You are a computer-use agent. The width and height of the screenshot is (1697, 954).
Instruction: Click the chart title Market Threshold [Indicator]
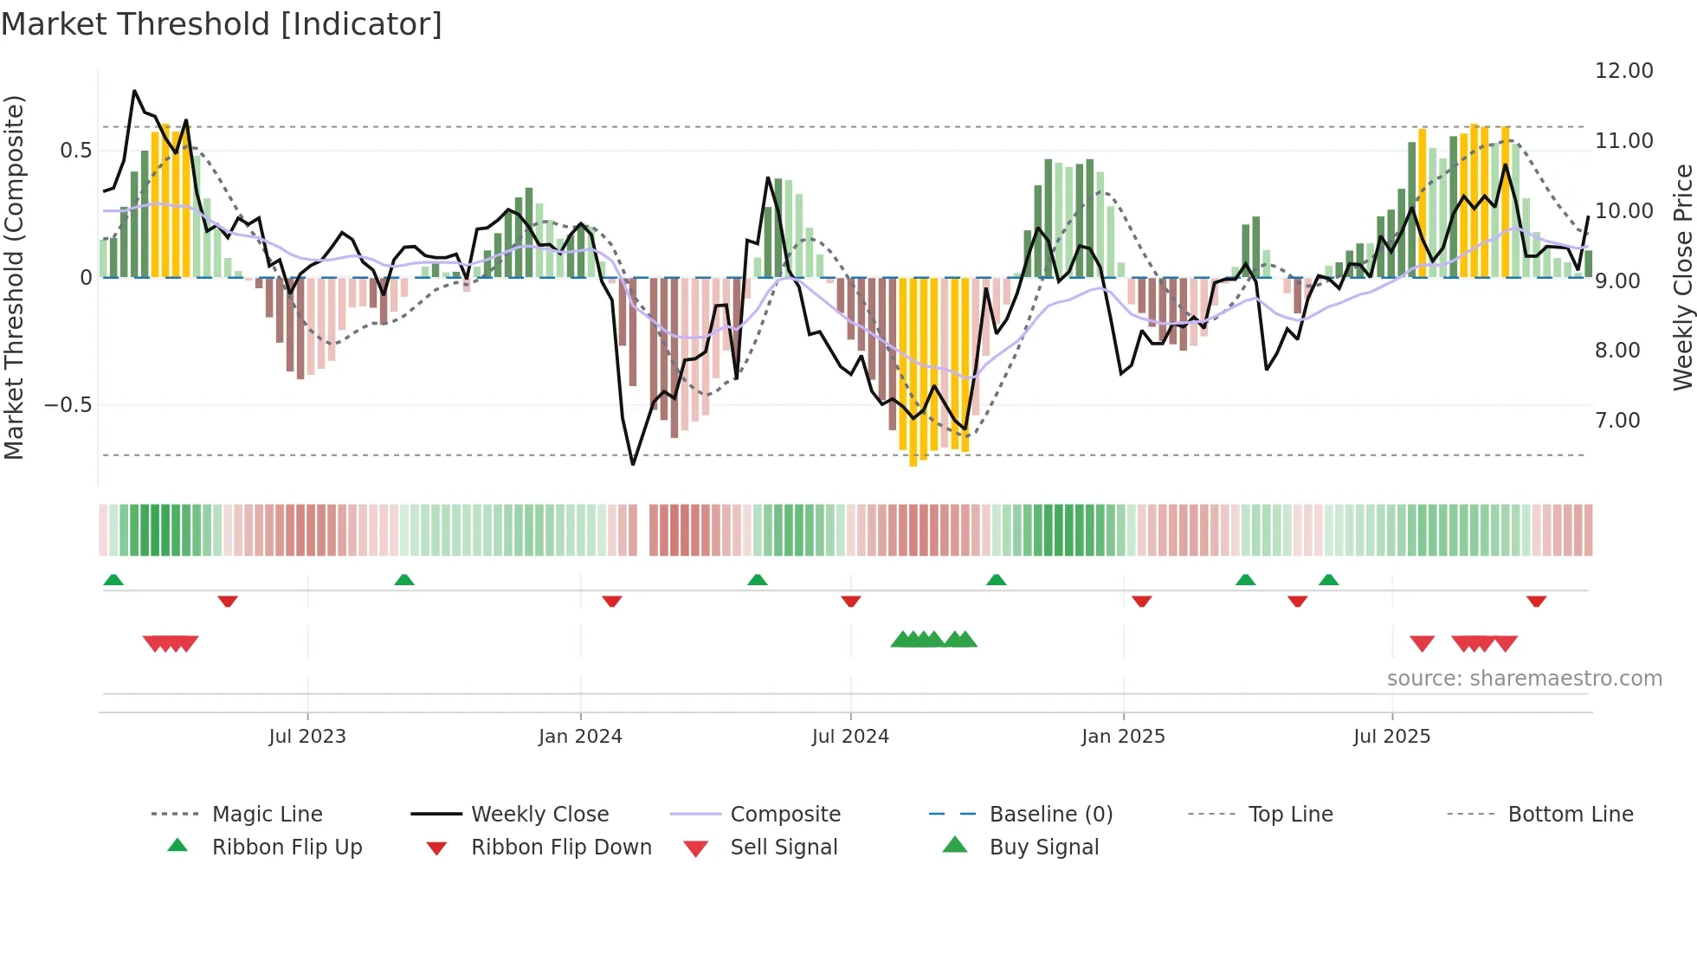click(x=222, y=24)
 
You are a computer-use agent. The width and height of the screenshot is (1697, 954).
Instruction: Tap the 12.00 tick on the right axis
click(x=1623, y=71)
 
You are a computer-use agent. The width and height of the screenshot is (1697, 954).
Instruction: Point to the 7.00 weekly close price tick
click(x=1616, y=421)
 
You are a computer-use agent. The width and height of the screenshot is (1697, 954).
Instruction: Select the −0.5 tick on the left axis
click(x=68, y=405)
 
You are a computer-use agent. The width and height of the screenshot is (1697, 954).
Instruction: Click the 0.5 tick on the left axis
click(x=75, y=151)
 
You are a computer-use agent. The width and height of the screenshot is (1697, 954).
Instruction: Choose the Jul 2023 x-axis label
click(x=307, y=737)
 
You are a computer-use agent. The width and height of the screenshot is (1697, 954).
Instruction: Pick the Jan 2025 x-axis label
click(x=1123, y=737)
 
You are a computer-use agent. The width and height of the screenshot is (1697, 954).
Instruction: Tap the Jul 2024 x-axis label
click(x=850, y=737)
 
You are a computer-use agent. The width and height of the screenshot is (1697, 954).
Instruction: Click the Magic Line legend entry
click(x=267, y=815)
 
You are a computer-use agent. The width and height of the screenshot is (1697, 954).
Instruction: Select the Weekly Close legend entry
click(x=539, y=815)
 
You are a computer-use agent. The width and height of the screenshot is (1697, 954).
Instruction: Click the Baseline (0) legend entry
click(x=1050, y=815)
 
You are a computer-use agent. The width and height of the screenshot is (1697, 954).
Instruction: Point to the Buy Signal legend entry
click(x=1043, y=848)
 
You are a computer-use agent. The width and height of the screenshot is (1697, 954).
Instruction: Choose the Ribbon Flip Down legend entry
click(x=560, y=848)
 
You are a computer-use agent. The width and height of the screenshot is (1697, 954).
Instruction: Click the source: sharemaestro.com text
click(x=1524, y=679)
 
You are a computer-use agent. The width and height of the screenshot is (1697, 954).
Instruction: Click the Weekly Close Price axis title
click(x=1682, y=277)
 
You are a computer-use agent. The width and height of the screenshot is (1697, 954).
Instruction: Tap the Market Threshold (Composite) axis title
click(x=14, y=277)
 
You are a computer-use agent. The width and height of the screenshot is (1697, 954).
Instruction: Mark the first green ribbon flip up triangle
click(x=113, y=580)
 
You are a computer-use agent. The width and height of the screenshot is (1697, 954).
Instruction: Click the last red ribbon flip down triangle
click(x=1537, y=601)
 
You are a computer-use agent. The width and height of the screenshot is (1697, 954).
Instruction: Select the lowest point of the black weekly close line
click(x=633, y=465)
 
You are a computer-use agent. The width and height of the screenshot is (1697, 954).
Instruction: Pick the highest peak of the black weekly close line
click(x=134, y=90)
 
